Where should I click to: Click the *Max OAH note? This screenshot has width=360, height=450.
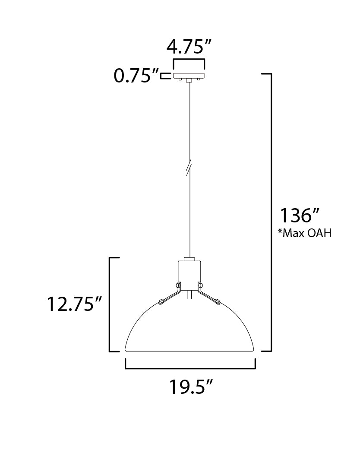tap(305, 234)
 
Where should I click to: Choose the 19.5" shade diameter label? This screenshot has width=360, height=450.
tap(190, 387)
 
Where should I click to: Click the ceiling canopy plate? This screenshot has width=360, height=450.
tap(189, 76)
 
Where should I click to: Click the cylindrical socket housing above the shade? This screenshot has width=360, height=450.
tap(189, 274)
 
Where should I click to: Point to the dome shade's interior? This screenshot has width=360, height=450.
tap(190, 328)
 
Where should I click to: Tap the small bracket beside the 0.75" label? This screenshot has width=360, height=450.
tap(164, 76)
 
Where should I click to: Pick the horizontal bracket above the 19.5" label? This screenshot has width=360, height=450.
tap(190, 368)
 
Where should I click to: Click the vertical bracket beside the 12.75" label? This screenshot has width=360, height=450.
tap(111, 304)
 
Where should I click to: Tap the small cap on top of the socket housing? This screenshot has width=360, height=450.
tap(189, 259)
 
